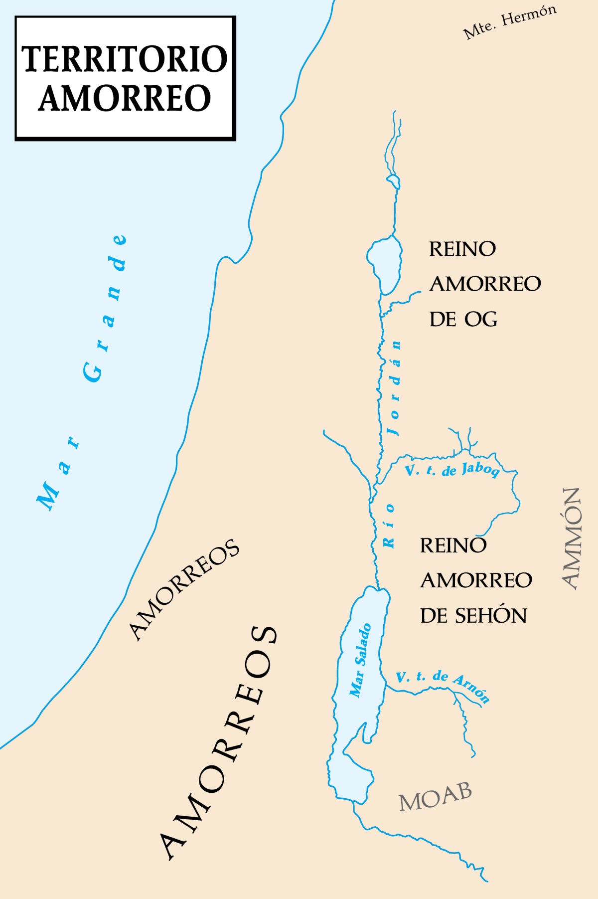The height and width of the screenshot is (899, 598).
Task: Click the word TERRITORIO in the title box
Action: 125,59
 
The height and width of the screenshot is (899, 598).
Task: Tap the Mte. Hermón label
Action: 509,23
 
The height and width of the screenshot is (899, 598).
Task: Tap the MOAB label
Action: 435,796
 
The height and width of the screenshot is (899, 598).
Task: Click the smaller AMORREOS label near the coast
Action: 184,589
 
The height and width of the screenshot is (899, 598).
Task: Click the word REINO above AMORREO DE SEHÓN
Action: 453,545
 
